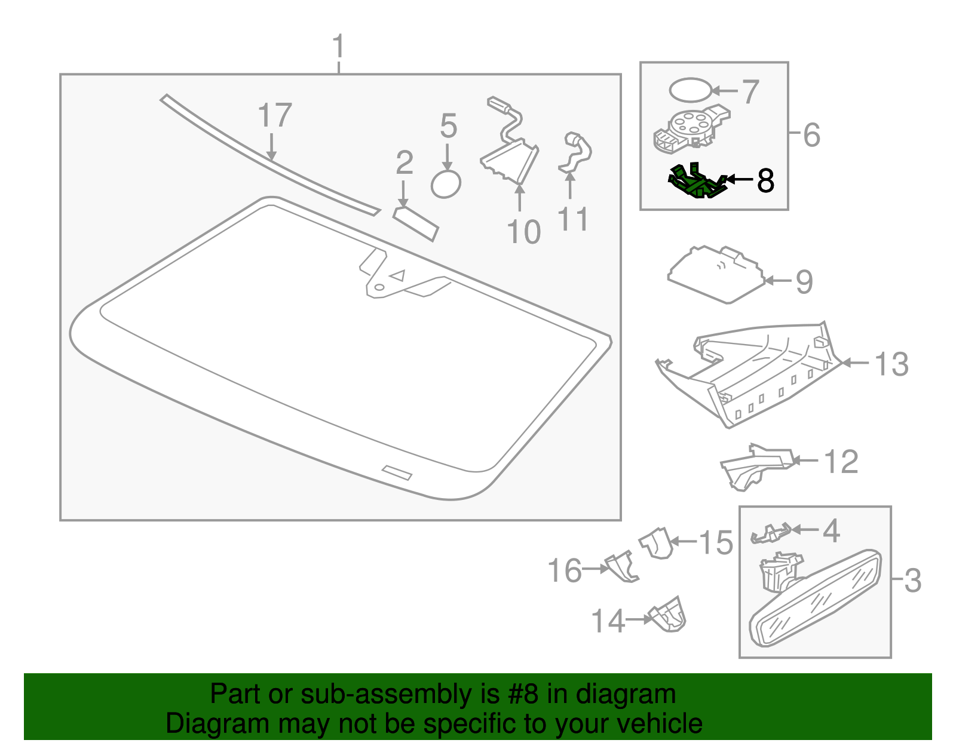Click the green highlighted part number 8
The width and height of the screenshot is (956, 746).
[697, 182]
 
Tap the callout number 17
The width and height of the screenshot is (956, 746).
[274, 115]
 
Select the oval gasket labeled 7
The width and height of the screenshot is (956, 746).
[690, 91]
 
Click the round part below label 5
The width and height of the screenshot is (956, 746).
[446, 185]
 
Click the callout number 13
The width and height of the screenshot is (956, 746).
[891, 364]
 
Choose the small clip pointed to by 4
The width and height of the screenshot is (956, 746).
[770, 533]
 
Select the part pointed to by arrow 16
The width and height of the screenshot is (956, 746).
[621, 567]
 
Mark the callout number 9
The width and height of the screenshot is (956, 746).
[804, 282]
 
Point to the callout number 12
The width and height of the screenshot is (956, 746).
[841, 462]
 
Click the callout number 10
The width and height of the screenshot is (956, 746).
[523, 232]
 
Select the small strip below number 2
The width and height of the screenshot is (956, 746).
[416, 224]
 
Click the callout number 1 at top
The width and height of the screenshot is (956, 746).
[338, 46]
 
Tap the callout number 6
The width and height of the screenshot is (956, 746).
[811, 135]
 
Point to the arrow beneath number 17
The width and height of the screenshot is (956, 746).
[271, 147]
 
